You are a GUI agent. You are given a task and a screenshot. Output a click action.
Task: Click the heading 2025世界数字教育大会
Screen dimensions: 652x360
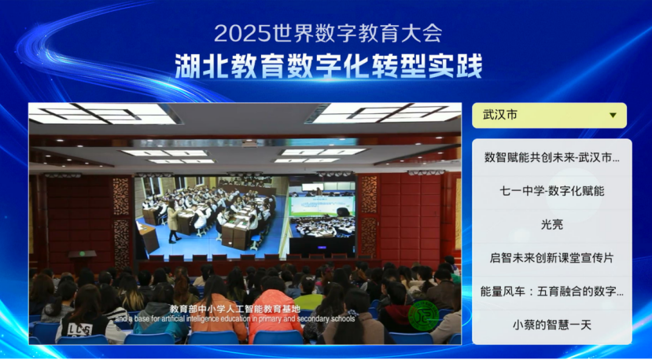point(328,34)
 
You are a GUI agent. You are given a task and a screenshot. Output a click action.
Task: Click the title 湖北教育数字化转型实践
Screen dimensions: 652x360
point(329,67)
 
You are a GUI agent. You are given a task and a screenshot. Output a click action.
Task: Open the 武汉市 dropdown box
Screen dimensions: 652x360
point(549,115)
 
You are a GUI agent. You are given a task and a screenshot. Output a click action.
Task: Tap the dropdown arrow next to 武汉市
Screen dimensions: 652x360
point(613,115)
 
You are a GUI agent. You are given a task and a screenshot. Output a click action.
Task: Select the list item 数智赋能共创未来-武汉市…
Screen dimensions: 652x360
point(552,158)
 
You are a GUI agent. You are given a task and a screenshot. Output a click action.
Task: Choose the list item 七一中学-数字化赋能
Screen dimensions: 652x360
point(552,191)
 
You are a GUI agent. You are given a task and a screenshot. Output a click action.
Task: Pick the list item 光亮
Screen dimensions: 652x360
point(552,225)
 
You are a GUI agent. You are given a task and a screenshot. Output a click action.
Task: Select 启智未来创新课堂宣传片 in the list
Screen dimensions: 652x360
point(552,258)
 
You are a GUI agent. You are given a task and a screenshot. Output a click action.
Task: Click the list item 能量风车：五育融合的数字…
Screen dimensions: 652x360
point(552,292)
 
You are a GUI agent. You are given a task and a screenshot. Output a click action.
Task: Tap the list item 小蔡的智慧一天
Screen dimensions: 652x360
point(552,325)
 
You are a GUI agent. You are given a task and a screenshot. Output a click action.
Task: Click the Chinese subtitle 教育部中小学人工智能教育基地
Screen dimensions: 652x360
point(235,309)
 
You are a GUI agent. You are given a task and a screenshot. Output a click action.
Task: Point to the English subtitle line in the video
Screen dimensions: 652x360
point(235,319)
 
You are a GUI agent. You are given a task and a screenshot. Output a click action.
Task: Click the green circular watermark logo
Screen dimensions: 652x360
point(423,315)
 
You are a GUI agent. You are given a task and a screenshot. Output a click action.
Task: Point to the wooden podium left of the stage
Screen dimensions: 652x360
point(82,261)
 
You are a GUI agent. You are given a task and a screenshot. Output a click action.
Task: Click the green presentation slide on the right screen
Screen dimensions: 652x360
point(322,206)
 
